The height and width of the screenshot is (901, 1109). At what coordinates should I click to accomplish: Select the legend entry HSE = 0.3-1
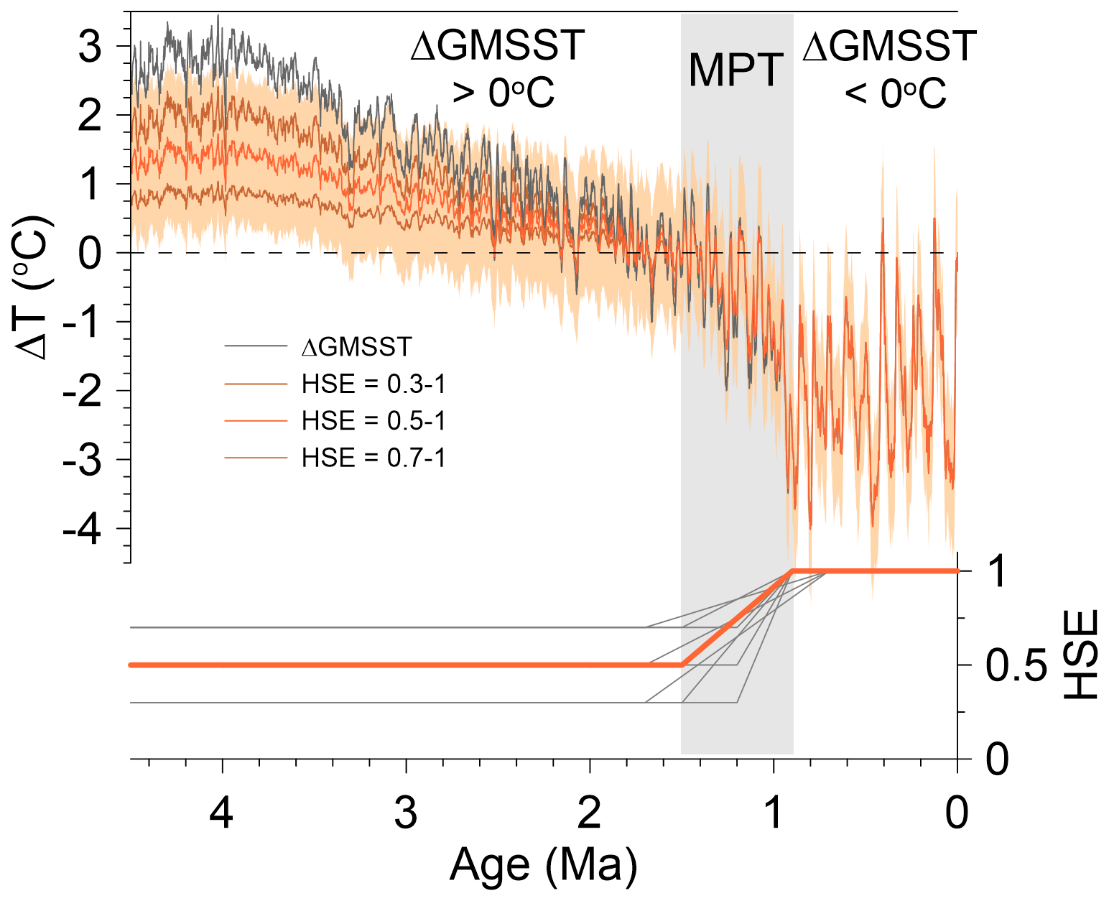[373, 384]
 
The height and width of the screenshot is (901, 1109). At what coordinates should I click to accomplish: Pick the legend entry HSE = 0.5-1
[373, 420]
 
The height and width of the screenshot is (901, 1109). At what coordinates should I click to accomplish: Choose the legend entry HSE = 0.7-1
[373, 458]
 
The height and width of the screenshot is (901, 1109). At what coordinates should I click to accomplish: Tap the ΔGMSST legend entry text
[357, 346]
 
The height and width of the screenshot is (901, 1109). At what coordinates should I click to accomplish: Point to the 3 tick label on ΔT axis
[90, 47]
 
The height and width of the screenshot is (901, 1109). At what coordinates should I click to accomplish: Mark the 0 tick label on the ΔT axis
[90, 253]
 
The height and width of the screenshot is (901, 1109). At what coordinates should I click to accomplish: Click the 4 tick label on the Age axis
[221, 813]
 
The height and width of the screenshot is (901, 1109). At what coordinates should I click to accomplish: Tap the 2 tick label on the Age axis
[590, 813]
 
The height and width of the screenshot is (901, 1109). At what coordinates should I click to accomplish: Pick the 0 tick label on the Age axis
[957, 813]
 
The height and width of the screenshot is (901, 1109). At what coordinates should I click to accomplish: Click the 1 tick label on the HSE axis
[997, 571]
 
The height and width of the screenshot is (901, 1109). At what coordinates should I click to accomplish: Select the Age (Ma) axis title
[543, 866]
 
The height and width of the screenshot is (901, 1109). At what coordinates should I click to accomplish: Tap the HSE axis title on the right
[1080, 655]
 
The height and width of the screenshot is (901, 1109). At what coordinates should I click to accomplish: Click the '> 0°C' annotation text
[503, 93]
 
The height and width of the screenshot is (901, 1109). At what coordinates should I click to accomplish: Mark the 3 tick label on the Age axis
[406, 813]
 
